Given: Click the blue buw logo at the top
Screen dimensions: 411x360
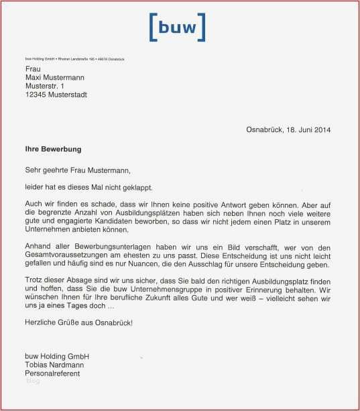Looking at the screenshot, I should (x=176, y=27).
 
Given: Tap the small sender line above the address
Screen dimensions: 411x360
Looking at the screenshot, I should (x=74, y=60).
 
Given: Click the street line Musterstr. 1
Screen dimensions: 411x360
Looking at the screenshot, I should (x=45, y=86).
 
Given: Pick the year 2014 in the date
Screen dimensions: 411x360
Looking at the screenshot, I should (x=322, y=129).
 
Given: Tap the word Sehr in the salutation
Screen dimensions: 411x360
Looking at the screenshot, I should (x=33, y=170).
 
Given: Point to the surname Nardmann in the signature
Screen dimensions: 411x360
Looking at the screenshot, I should (x=70, y=364).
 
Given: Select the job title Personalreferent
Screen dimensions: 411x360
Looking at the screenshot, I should (x=53, y=373).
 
